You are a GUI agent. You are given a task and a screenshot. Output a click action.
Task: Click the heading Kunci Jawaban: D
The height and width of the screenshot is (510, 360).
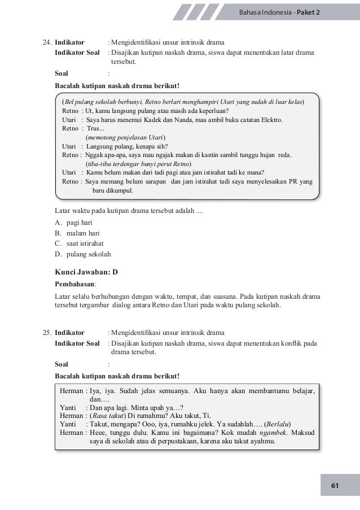tap(86, 271)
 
